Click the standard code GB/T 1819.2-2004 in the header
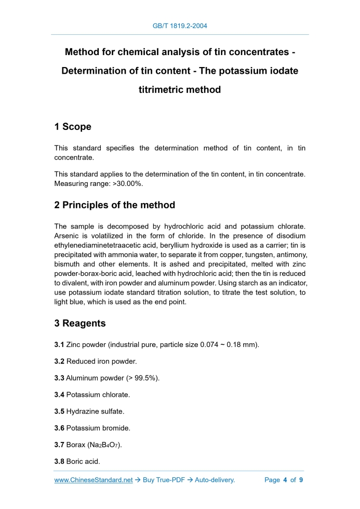(x=180, y=25)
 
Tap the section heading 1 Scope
(x=73, y=127)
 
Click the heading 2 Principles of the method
(x=114, y=205)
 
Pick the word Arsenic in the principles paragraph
(x=68, y=236)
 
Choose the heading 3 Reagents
(x=80, y=323)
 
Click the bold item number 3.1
(x=59, y=345)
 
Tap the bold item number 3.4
(x=59, y=395)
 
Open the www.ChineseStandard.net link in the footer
(x=94, y=480)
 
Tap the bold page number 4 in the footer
(x=285, y=480)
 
